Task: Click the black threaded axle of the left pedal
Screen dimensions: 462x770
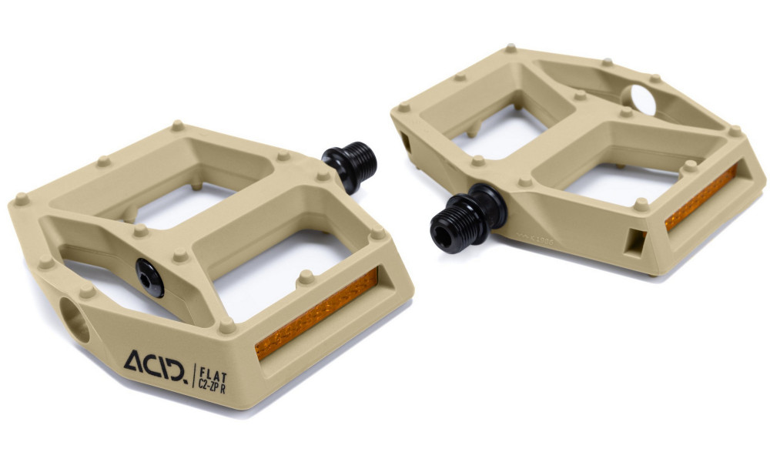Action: tap(360, 161)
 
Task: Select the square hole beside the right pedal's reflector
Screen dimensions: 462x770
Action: tap(637, 241)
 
